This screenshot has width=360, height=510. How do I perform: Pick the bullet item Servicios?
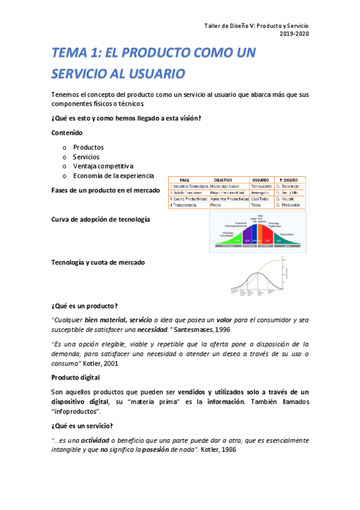(x=87, y=156)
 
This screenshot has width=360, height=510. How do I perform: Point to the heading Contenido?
(x=67, y=132)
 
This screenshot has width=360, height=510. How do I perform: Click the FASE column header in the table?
(x=185, y=180)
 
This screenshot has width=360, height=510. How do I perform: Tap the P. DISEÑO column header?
(x=289, y=180)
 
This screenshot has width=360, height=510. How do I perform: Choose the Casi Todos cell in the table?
(x=260, y=198)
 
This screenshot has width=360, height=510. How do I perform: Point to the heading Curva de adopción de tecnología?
(x=101, y=220)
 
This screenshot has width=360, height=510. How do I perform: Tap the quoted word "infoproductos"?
(x=76, y=411)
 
